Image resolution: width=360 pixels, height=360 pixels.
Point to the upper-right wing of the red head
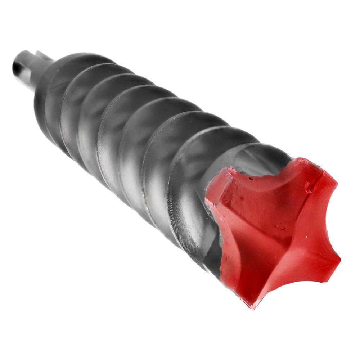[317, 180]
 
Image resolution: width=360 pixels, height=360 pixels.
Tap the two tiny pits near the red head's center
[279, 228]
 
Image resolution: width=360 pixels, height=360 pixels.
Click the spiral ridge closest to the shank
[50, 94]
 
